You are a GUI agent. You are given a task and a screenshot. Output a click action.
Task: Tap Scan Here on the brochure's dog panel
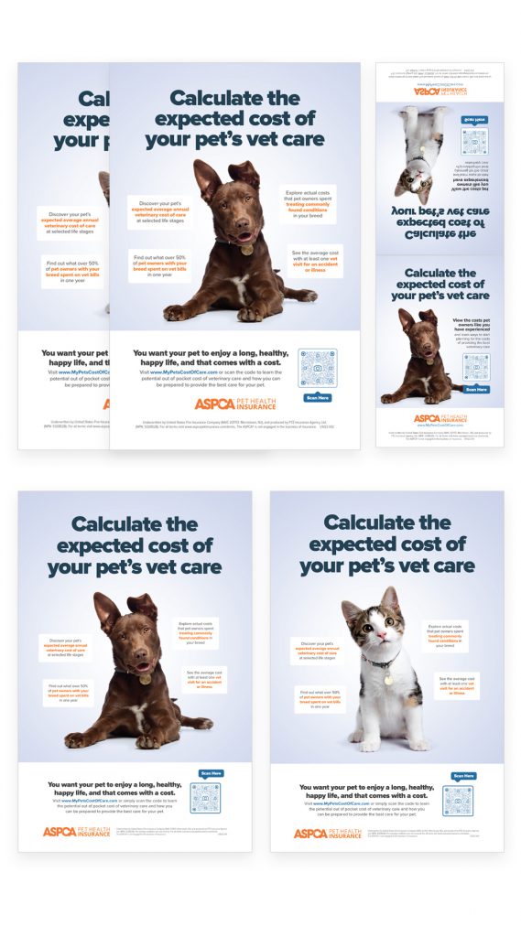(475, 389)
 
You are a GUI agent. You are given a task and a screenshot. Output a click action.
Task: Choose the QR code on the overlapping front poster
(318, 368)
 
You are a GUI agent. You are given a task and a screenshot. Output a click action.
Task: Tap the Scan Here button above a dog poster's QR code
(211, 773)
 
